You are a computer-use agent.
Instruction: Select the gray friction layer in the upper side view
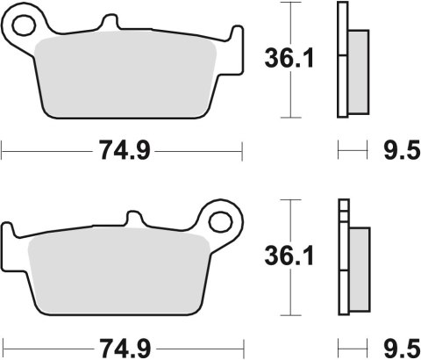[359, 66]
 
